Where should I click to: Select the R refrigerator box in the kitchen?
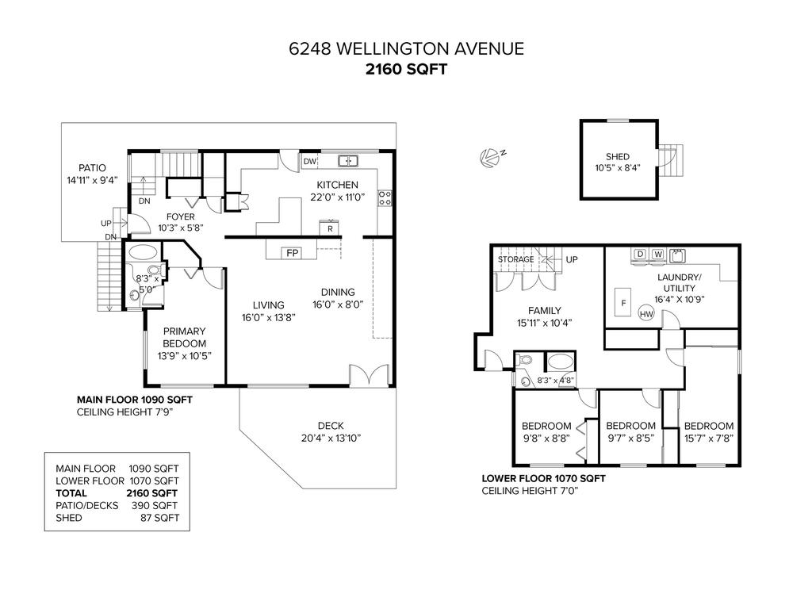(330, 228)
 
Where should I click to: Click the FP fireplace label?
(292, 253)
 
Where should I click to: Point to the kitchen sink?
(347, 161)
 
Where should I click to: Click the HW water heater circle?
(646, 315)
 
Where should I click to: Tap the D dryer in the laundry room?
(638, 255)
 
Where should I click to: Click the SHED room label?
(617, 157)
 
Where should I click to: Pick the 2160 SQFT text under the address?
(405, 69)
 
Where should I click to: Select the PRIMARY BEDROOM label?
(184, 337)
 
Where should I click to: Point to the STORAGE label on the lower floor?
(516, 259)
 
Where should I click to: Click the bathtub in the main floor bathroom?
(143, 254)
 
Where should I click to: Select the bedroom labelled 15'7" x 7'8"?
(708, 431)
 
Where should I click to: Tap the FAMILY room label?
(544, 310)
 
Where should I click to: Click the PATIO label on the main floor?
(91, 168)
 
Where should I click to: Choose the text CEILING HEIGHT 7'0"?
(530, 491)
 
